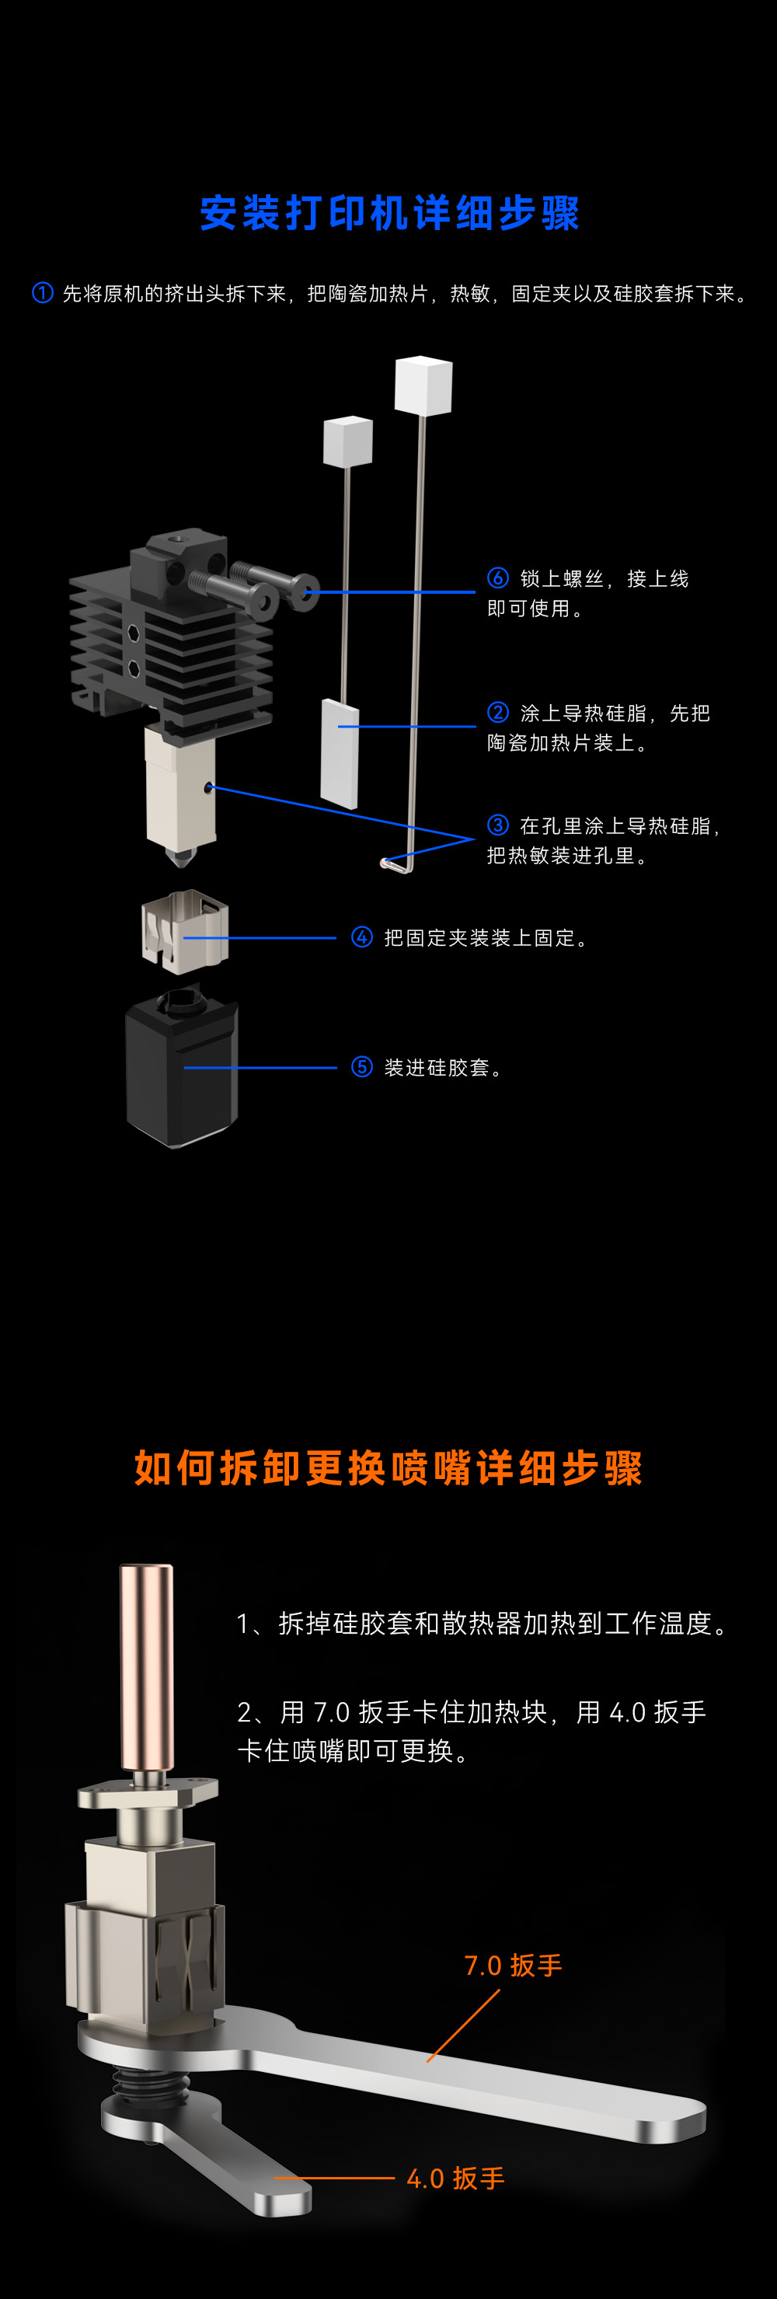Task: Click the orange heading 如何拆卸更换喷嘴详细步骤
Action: click(x=388, y=1468)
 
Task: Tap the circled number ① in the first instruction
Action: click(x=42, y=293)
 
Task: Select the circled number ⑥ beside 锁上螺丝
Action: click(x=498, y=578)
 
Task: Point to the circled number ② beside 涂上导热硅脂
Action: click(x=498, y=712)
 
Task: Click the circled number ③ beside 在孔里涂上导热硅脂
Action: click(x=498, y=825)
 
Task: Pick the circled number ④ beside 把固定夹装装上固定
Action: click(x=361, y=937)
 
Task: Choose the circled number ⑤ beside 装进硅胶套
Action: click(x=361, y=1066)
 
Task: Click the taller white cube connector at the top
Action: click(x=423, y=385)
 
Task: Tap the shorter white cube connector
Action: click(x=347, y=441)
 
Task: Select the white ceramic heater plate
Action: click(x=339, y=753)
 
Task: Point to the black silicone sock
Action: click(x=182, y=1071)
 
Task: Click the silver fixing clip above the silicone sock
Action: click(x=185, y=932)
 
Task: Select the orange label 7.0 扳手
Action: click(x=513, y=1966)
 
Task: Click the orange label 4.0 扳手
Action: click(x=455, y=2179)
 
